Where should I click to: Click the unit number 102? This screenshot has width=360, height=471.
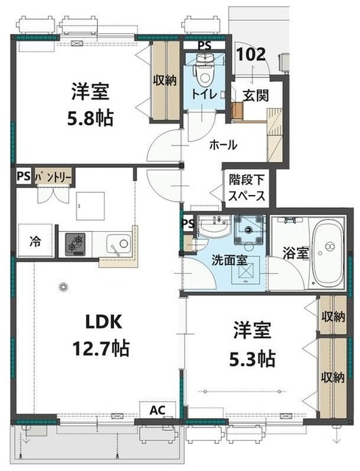[252, 54]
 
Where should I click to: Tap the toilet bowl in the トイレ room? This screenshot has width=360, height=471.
[204, 74]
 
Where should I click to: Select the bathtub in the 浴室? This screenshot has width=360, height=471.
[327, 253]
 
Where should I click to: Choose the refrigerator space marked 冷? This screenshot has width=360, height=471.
[36, 241]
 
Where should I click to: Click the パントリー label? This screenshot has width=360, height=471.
[54, 177]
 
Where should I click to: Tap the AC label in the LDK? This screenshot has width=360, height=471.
[158, 410]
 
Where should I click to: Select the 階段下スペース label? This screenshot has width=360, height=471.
[247, 188]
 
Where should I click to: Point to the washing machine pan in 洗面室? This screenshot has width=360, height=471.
[249, 229]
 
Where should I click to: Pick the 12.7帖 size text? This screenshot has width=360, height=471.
[101, 349]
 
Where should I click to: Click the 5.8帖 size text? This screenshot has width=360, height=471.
[90, 118]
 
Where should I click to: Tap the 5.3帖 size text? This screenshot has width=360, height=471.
[252, 358]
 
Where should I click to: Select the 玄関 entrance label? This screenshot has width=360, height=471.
[255, 96]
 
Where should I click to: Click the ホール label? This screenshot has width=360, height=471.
[223, 146]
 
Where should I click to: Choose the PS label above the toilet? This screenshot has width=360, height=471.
[205, 46]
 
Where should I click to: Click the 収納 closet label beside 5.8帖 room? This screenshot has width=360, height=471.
[166, 80]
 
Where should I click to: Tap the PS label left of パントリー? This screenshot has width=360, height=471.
[24, 177]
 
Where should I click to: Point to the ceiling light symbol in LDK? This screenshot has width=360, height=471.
[63, 286]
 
